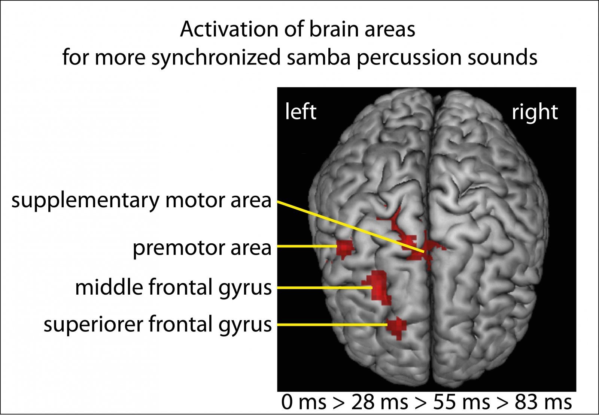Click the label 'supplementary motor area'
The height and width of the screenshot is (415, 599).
(141, 201)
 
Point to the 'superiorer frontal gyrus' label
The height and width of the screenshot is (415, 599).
(158, 325)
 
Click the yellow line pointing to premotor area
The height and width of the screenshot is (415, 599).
(307, 246)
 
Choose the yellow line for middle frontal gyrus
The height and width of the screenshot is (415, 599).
(325, 288)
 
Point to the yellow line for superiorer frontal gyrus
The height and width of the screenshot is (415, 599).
(332, 325)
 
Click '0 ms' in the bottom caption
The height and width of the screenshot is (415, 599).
(304, 402)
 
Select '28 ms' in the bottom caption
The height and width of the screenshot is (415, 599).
(380, 402)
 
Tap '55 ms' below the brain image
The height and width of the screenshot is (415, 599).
(461, 402)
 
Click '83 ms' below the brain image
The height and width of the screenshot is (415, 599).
(543, 402)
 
